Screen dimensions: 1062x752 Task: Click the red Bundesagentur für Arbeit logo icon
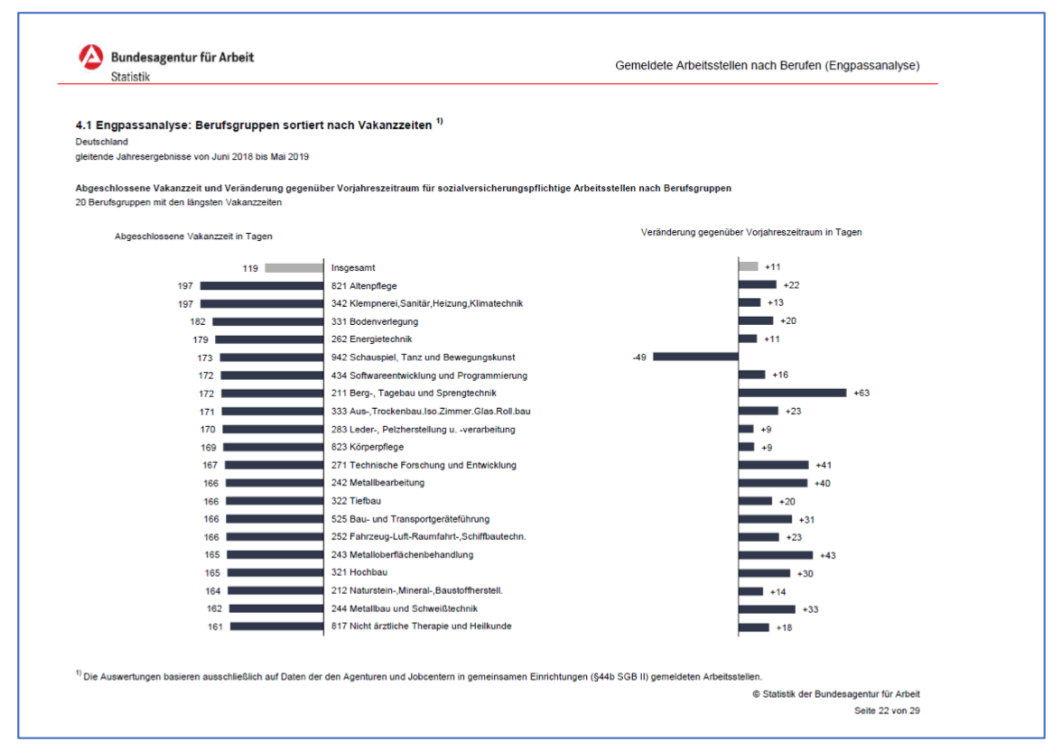click(91, 57)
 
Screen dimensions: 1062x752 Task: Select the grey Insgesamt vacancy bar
click(294, 268)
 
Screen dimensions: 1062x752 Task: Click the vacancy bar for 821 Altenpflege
click(262, 285)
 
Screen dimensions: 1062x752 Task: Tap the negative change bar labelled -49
click(695, 357)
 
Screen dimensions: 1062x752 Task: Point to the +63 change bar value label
click(862, 393)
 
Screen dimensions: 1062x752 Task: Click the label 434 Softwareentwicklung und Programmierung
click(429, 376)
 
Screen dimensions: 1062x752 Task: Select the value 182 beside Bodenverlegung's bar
click(198, 321)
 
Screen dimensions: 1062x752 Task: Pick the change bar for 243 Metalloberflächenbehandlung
click(776, 555)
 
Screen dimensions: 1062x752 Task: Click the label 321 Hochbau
click(359, 572)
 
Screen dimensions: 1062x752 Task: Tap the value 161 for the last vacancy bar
click(215, 627)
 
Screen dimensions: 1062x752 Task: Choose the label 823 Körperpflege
click(367, 448)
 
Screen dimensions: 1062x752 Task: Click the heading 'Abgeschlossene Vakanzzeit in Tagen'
click(193, 237)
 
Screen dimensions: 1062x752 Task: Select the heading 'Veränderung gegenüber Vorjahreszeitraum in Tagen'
click(751, 232)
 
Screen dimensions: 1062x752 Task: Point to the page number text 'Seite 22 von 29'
click(887, 710)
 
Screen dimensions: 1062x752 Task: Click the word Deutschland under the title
click(101, 142)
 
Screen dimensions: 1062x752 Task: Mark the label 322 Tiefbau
click(356, 501)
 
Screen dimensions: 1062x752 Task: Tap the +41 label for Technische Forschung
click(824, 465)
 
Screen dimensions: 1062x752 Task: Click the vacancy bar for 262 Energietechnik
click(269, 339)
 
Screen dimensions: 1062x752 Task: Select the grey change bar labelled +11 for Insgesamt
click(749, 266)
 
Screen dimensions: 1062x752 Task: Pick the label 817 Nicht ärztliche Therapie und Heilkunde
click(421, 627)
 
